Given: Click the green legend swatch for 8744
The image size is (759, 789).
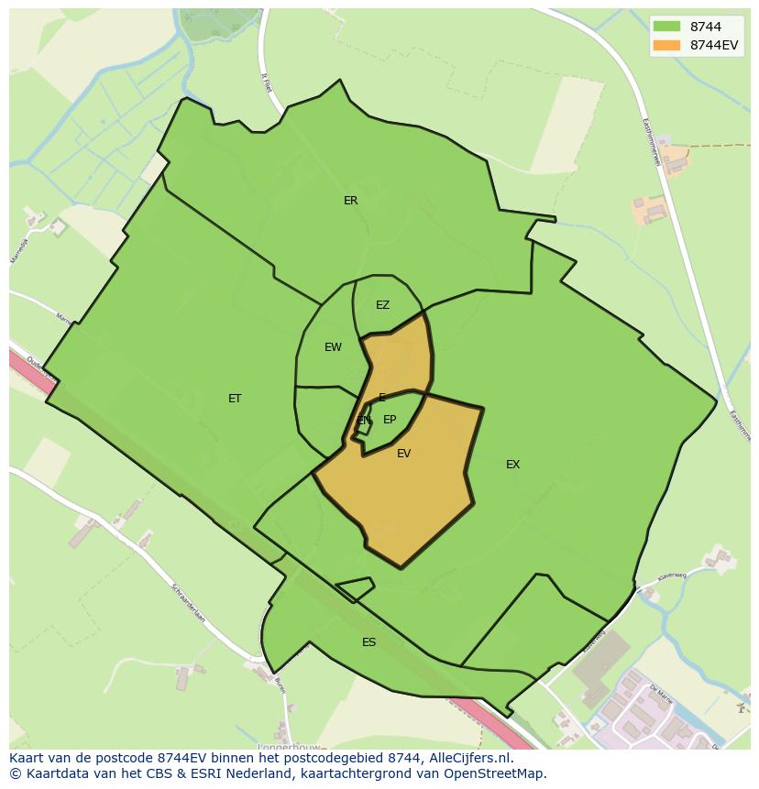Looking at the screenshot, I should [666, 27].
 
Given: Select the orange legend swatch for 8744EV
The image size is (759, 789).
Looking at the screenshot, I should [666, 45].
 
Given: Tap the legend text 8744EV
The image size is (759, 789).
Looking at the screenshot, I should [713, 45].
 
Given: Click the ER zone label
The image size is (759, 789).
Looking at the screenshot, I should [350, 201].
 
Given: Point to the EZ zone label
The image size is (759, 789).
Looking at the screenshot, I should [382, 305].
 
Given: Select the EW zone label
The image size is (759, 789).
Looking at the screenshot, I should [333, 347].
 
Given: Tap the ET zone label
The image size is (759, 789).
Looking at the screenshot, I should [235, 399].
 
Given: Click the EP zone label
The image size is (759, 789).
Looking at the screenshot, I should [390, 420].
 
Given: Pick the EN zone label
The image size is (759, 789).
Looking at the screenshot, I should [364, 421].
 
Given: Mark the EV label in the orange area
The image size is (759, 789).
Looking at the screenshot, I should [403, 454].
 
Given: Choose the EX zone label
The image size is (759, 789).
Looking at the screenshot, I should [512, 465].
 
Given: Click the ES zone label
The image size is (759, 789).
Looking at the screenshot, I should [368, 642].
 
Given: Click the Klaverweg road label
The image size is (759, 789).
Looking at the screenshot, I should [672, 577].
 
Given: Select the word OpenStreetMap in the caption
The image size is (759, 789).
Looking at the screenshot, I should [497, 773].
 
